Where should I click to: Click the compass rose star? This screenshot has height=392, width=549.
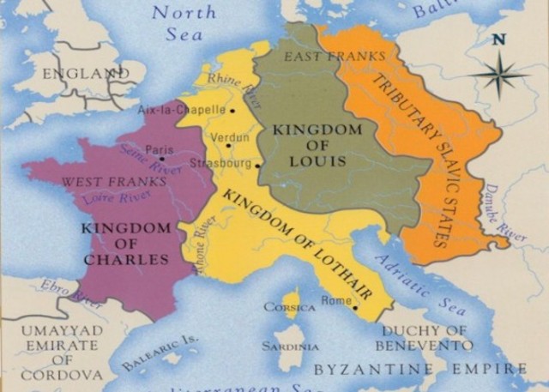498,75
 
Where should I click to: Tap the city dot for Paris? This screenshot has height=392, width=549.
162,159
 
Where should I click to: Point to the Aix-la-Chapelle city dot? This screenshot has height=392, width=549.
232,110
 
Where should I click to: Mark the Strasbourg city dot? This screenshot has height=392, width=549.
258,165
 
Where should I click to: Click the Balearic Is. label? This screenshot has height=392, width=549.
159,353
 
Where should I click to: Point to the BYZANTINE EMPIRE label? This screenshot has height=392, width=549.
420,370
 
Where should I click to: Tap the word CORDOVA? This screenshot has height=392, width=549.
62,375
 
